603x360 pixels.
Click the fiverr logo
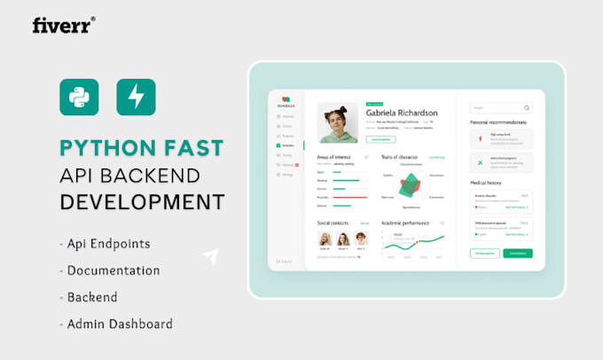(x=63, y=25)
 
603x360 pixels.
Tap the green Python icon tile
(x=79, y=98)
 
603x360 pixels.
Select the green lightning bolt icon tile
(x=136, y=98)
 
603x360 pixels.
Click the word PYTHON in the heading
(x=104, y=147)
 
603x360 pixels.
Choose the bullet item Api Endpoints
(x=105, y=244)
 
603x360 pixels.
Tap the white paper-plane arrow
(x=210, y=257)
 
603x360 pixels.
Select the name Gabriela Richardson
(x=402, y=113)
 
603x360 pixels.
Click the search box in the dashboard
(x=501, y=107)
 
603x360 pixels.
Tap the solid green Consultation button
(x=518, y=254)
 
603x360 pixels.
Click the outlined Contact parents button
(x=484, y=254)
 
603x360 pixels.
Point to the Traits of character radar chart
(x=410, y=184)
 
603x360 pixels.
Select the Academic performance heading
(x=405, y=223)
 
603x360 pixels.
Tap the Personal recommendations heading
(x=498, y=121)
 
